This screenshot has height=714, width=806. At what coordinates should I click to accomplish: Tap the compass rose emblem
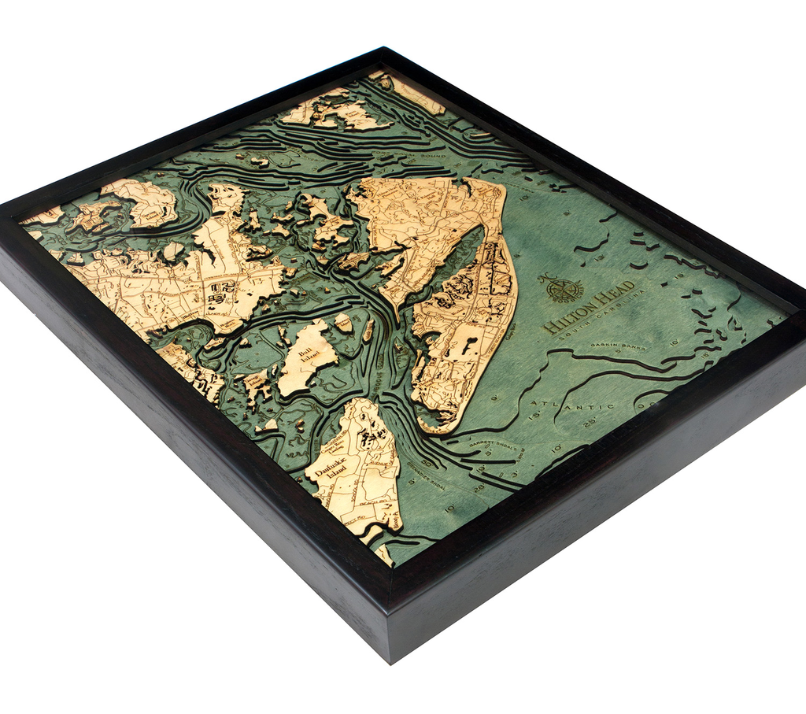click(x=564, y=287)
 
